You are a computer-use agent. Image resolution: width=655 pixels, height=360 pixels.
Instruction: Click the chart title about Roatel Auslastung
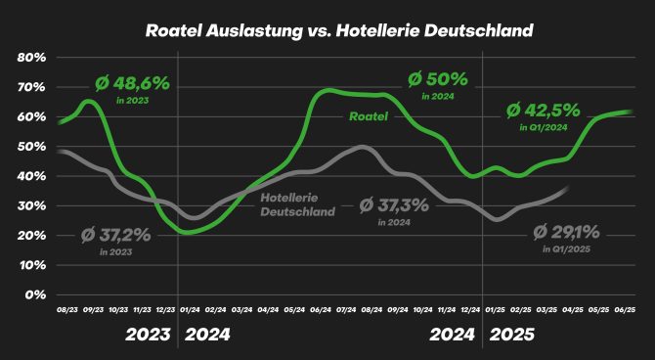coord(327,30)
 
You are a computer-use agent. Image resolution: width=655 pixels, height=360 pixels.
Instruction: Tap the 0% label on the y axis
coord(36,294)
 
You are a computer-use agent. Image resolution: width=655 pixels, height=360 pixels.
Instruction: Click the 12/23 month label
coord(166,311)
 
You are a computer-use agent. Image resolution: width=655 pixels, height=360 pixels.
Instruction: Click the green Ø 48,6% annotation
coord(133,84)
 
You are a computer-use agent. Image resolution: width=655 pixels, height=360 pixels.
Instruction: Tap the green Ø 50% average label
coord(437,78)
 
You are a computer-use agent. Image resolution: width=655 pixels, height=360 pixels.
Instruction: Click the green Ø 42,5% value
coord(544,111)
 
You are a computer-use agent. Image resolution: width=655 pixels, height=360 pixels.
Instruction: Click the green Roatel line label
coord(369,117)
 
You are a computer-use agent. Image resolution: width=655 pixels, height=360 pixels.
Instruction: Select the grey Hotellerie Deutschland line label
coord(299,203)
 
